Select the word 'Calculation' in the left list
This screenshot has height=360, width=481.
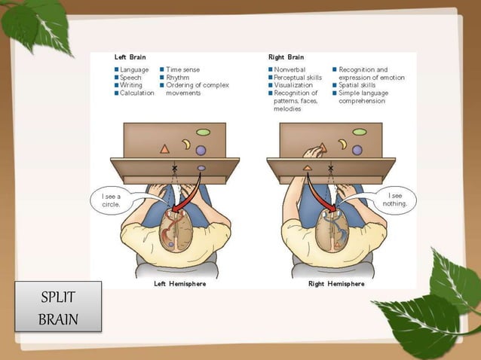(136, 93)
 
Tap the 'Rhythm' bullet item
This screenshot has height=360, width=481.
(178, 77)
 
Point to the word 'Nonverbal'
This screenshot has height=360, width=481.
(290, 69)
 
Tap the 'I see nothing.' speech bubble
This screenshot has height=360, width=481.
(396, 200)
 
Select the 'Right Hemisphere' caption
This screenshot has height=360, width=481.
(335, 284)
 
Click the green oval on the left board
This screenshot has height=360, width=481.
(203, 132)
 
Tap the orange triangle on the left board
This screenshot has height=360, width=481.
(164, 149)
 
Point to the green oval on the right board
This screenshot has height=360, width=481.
(360, 132)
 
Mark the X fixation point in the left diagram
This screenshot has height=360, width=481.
(175, 167)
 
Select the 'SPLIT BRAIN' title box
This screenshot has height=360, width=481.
(58, 307)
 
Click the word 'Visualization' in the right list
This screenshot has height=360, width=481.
(294, 85)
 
